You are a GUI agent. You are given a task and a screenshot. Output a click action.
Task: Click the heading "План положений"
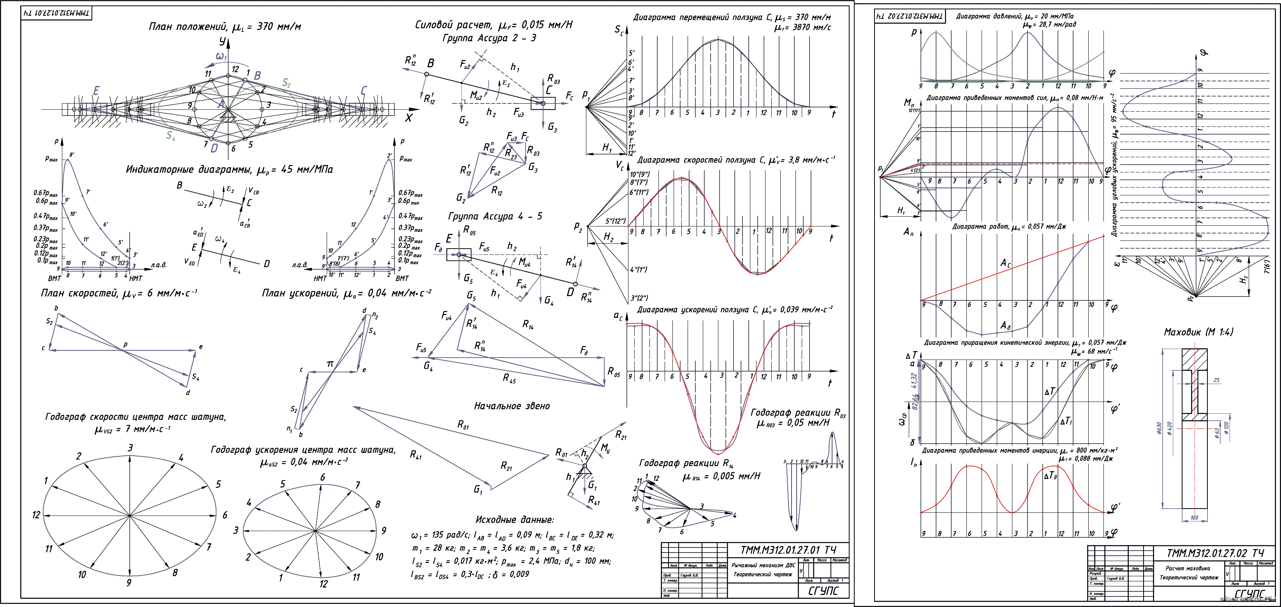tap(188, 27)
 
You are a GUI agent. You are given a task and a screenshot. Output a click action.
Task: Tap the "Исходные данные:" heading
tap(514, 519)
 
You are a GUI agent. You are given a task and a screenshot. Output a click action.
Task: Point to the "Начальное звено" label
tap(512, 406)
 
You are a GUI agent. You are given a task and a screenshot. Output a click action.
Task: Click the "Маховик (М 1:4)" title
tap(1198, 332)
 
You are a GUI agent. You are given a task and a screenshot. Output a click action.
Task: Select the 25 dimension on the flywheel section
tap(1216, 380)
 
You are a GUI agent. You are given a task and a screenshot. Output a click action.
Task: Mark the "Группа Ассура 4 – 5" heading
tap(495, 216)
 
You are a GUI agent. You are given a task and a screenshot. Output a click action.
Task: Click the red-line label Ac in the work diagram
tap(1005, 263)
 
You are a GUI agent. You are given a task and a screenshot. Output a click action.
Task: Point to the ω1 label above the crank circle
tap(221, 56)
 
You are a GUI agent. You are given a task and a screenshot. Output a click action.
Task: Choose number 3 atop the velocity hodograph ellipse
tap(130, 448)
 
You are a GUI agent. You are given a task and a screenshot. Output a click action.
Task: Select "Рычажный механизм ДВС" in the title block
tap(763, 565)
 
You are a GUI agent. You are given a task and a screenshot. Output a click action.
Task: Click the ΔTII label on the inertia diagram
tap(1050, 476)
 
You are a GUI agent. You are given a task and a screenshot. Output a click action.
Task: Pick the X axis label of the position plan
tap(408, 118)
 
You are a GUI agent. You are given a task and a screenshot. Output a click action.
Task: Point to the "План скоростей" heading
tap(79, 293)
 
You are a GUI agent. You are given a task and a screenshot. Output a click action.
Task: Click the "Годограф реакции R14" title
tap(686, 464)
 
